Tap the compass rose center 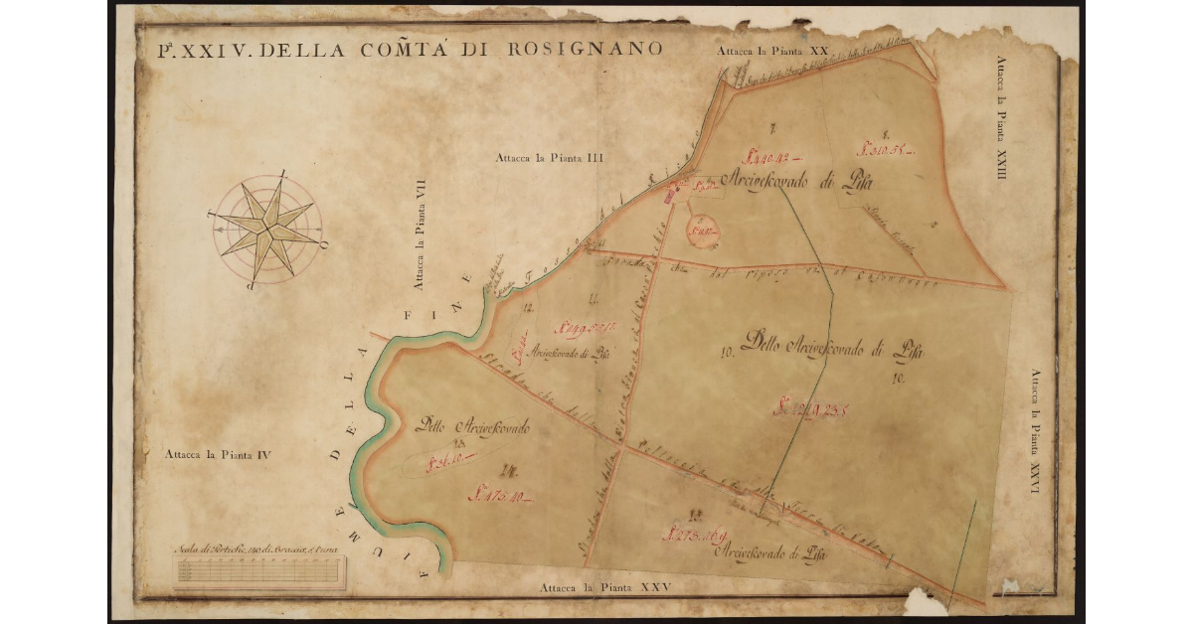coord(266,228)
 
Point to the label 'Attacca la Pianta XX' coord(775,49)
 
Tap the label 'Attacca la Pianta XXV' coord(606,587)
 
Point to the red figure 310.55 coord(884,150)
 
